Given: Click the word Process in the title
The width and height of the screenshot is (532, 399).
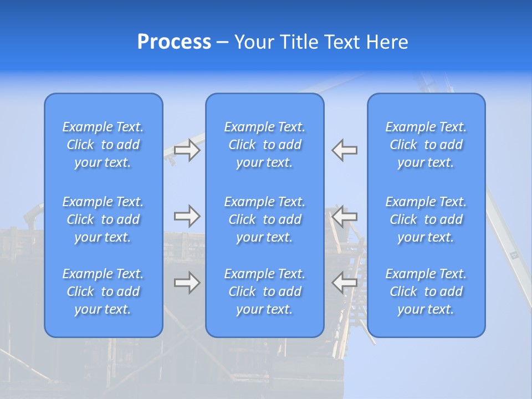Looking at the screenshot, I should coord(174,42).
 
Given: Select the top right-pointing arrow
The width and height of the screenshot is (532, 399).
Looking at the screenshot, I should coord(187,150).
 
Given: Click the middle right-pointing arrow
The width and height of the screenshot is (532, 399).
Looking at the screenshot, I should coord(187,216).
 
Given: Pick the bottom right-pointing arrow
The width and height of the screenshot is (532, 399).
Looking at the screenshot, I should coord(187,283).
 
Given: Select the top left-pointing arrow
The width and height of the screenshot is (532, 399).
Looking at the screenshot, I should coord(344,150).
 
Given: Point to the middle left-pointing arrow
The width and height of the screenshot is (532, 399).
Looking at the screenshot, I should coord(344,216).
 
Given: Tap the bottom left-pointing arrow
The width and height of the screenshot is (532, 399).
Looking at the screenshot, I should coord(344,283).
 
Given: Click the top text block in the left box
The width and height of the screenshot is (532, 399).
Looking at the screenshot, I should coord(103,145).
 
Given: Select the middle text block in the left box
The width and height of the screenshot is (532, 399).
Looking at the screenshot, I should coord(103,219).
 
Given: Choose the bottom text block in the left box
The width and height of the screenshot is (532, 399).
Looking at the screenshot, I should coord(103,291).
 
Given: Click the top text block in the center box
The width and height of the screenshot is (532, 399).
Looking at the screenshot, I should coord(264,145).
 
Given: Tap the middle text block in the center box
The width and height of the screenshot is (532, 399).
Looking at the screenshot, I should coord(264,219).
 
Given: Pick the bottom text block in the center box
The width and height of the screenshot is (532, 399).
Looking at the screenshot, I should coord(264,291).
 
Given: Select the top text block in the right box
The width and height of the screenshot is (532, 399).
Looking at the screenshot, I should coord(426,145).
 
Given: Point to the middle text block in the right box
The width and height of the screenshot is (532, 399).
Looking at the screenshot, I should coord(426,219).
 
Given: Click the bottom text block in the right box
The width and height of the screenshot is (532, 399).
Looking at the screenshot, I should coord(426,291).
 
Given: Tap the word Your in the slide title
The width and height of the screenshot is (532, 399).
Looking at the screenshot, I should coord(252,42).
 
